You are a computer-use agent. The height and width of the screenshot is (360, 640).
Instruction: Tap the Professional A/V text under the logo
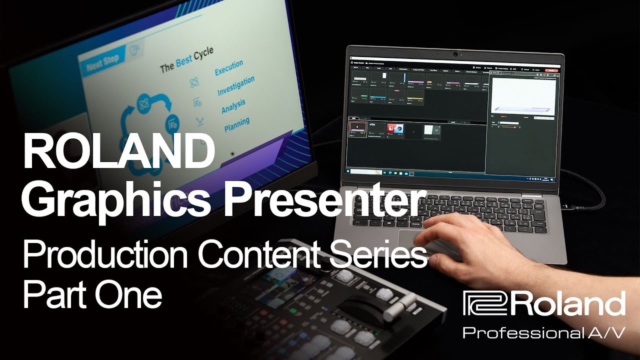pos(543,332)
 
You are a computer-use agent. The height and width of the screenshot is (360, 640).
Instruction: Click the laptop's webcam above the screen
pos(455,53)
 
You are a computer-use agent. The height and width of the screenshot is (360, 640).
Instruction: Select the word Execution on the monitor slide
pos(228,68)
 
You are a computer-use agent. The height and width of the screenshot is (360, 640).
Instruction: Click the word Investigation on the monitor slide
pos(235,86)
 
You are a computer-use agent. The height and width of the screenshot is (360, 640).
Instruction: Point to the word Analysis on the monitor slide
pos(233,106)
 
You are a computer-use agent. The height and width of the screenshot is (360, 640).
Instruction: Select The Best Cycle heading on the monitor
pos(186,60)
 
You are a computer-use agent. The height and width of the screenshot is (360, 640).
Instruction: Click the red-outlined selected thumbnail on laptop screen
pos(358,129)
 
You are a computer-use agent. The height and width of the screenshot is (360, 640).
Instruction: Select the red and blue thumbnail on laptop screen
pos(395,129)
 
